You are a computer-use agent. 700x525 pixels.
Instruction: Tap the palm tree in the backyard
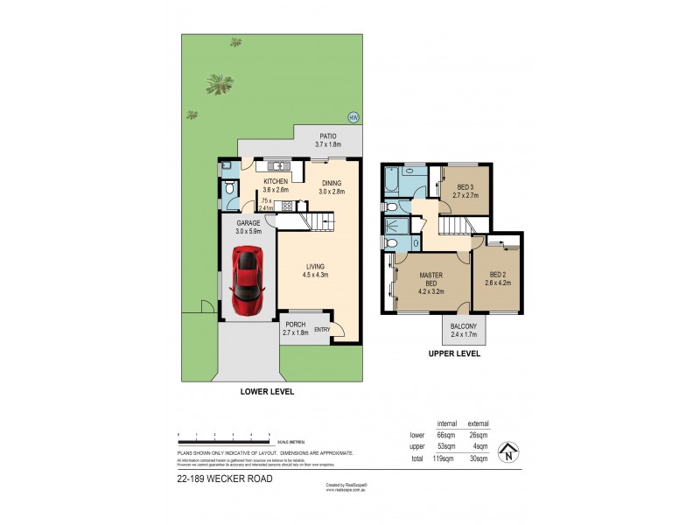tap(219, 84)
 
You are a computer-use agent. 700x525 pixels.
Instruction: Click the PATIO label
tap(328, 136)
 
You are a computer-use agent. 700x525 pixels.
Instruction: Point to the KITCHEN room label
tap(276, 182)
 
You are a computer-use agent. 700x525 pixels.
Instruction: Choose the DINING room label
tap(332, 183)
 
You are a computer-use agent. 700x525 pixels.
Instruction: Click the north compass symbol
tap(506, 453)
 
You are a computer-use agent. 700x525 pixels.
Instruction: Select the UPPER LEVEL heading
tap(454, 355)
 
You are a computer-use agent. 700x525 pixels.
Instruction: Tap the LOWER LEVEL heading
tap(267, 392)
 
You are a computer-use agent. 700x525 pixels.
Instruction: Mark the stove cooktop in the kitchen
tap(287, 207)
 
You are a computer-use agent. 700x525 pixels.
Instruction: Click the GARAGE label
tap(248, 223)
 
